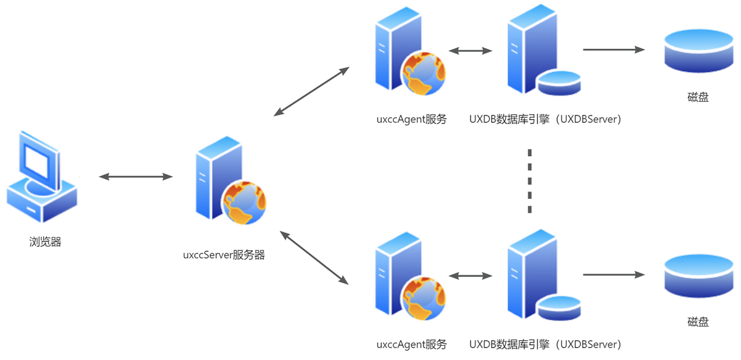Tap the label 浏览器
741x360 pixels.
(45, 242)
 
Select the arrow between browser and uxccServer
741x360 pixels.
(136, 177)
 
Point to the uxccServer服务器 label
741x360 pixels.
(224, 254)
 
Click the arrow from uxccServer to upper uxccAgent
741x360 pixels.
(311, 91)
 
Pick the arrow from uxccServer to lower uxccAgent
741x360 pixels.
(314, 257)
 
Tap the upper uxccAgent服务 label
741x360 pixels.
(411, 119)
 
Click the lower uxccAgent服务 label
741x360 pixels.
(411, 345)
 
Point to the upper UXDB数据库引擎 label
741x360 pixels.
(545, 119)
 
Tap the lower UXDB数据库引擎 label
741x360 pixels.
(545, 345)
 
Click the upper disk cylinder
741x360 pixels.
(698, 51)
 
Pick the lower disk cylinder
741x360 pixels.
(698, 276)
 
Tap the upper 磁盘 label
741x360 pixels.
(698, 97)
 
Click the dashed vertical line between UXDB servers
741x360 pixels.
(529, 180)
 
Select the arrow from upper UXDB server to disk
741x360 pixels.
(613, 49)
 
